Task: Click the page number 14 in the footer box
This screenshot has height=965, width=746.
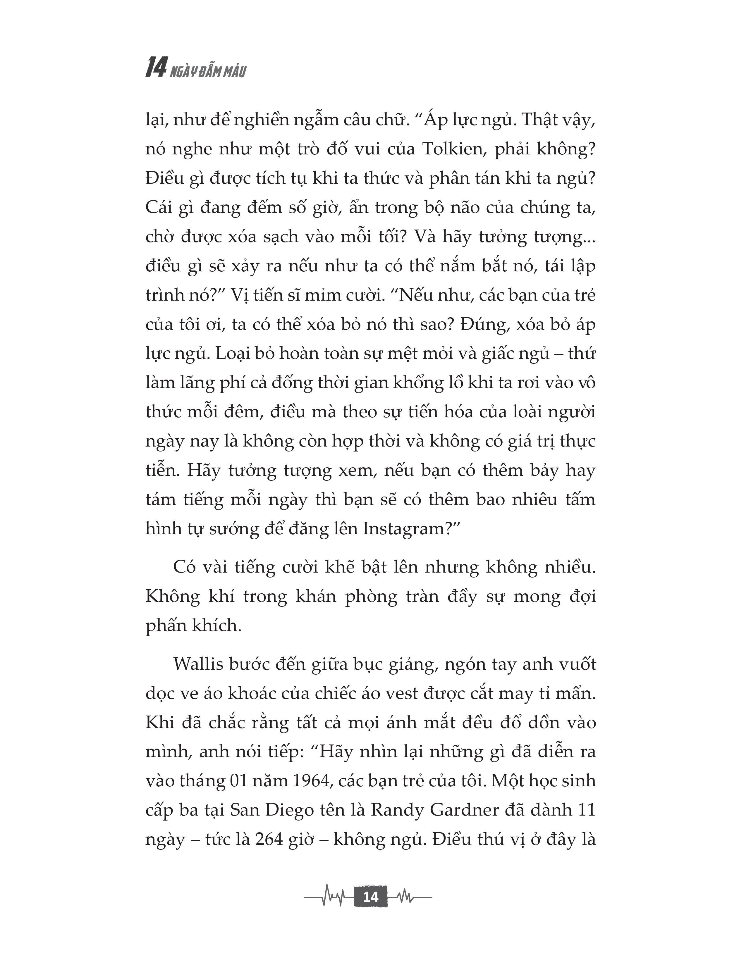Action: click(370, 897)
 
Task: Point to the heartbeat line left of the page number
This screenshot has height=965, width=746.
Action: click(329, 897)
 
